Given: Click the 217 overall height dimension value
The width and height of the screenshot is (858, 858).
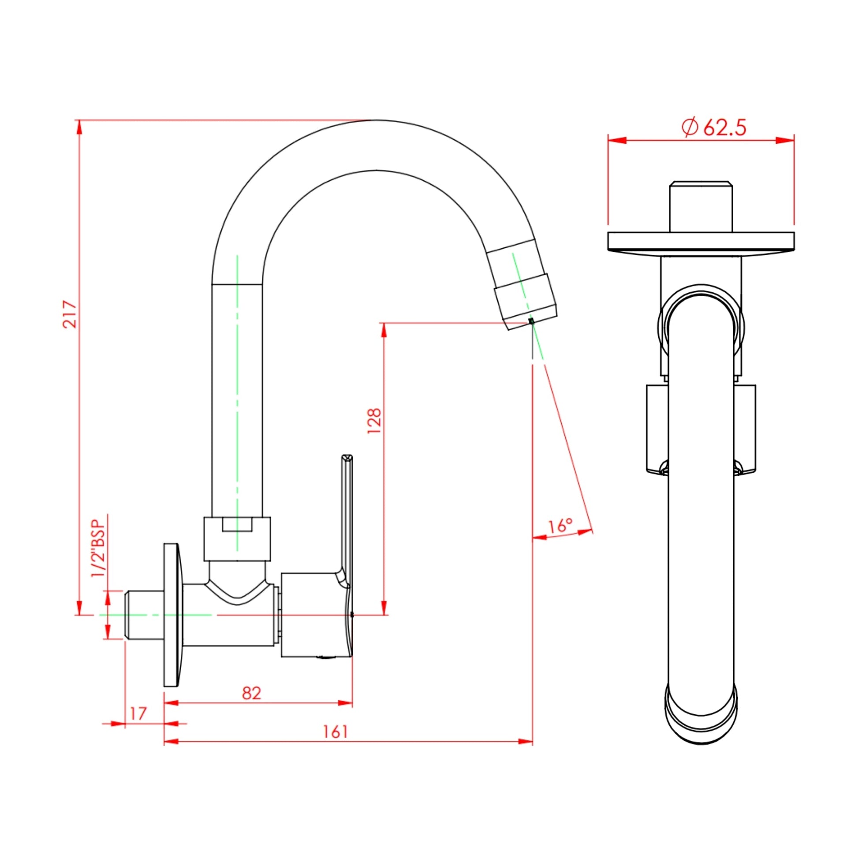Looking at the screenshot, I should point(70,314).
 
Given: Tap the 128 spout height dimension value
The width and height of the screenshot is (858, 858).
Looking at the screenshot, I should point(374,421).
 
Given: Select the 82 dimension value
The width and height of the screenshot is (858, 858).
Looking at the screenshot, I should point(252,693).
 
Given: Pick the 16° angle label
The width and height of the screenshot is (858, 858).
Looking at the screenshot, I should point(560,526).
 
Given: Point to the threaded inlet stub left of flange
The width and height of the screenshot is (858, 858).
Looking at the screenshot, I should point(144,615).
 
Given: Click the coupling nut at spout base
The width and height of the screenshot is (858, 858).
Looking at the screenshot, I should point(237,538).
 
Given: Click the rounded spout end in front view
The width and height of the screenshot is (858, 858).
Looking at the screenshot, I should point(701,715).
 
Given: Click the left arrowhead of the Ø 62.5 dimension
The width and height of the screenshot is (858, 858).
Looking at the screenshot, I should point(616,140).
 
